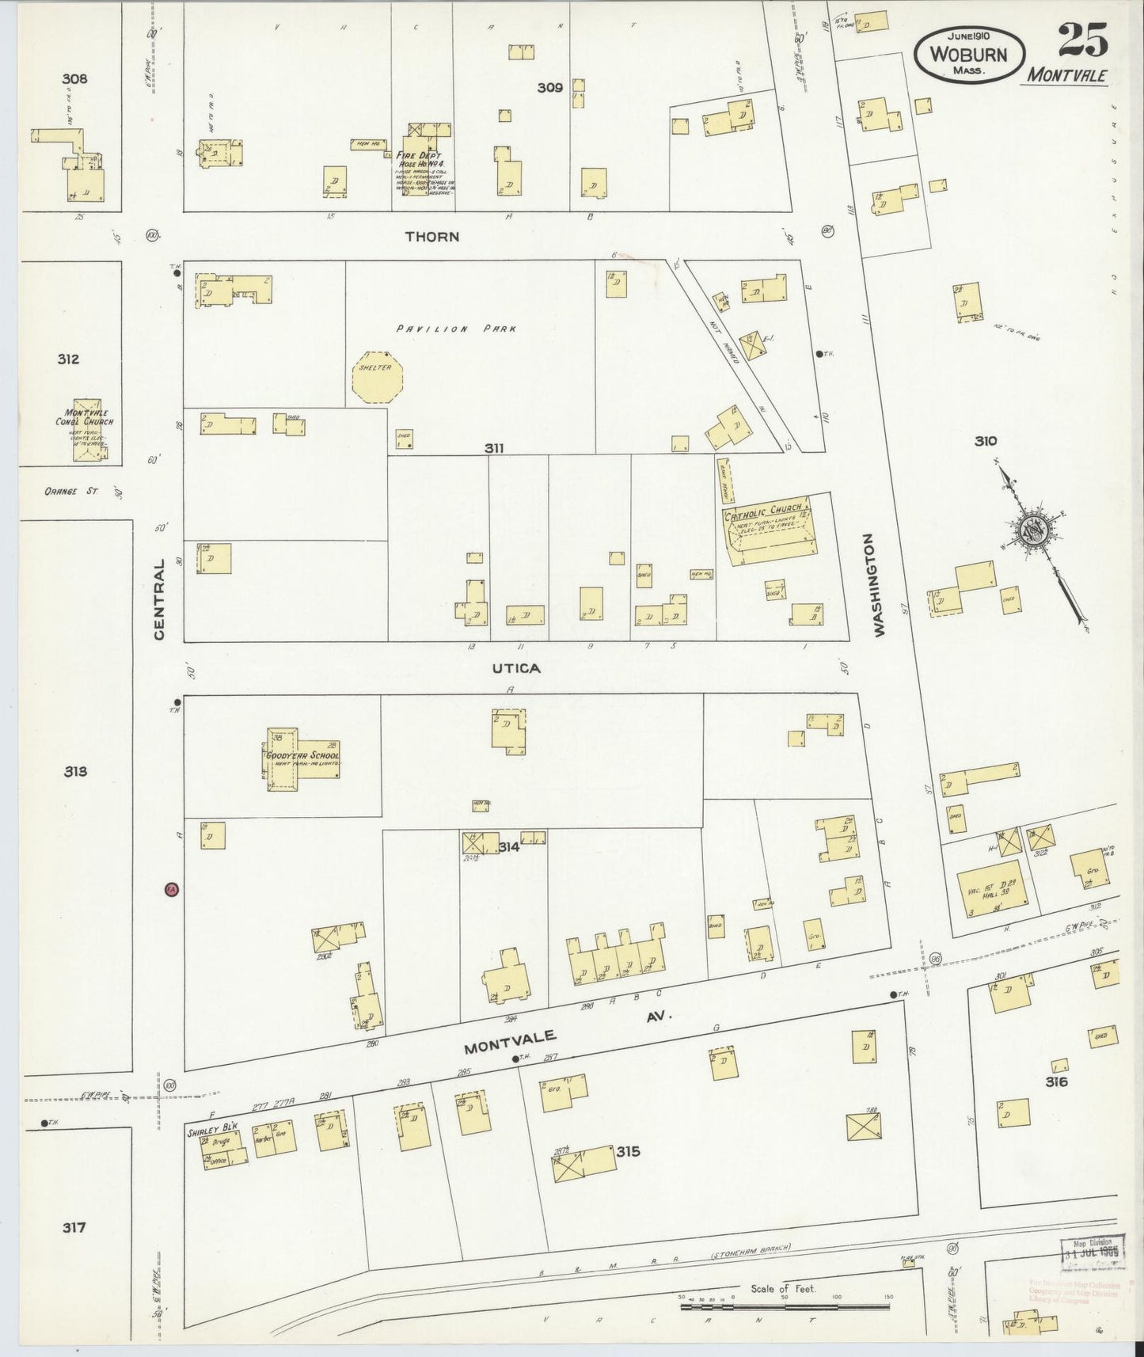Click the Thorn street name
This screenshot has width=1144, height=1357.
431,236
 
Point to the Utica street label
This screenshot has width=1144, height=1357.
516,668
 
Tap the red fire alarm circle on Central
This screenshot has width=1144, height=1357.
170,890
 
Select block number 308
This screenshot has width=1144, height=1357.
74,79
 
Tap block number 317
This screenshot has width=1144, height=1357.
74,1228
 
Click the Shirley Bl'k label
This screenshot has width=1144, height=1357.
201,1132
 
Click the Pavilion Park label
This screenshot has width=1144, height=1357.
457,328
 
